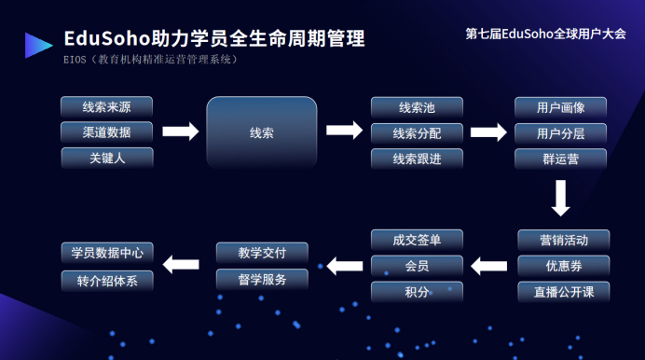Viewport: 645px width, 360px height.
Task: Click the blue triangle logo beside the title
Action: [x=37, y=46]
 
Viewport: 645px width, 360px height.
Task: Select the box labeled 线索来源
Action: [x=106, y=107]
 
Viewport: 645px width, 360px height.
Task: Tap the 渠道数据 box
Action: [x=106, y=132]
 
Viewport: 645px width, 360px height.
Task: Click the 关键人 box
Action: [x=107, y=158]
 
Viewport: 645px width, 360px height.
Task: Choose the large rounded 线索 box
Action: [x=262, y=132]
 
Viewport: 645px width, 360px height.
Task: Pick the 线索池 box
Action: [x=417, y=107]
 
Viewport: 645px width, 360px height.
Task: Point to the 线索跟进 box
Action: [x=417, y=159]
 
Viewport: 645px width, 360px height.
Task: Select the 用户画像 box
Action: [x=560, y=107]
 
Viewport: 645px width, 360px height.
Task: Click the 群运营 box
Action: [x=560, y=159]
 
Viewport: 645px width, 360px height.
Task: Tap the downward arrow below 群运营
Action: [x=561, y=198]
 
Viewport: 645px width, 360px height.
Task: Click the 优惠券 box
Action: [x=564, y=266]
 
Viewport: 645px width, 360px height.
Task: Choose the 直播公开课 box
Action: [x=564, y=292]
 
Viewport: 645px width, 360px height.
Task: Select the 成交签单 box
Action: [x=417, y=240]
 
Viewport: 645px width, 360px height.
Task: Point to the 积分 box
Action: [x=417, y=292]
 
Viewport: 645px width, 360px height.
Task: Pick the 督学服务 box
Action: [x=262, y=280]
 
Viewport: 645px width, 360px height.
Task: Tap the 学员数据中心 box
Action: [x=107, y=253]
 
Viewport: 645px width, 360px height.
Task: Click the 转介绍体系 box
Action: [x=107, y=281]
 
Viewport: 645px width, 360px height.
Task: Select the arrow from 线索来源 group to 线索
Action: [x=181, y=132]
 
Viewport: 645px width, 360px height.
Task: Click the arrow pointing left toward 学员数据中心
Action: [x=181, y=265]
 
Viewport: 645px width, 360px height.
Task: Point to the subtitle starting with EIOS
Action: [x=151, y=60]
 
